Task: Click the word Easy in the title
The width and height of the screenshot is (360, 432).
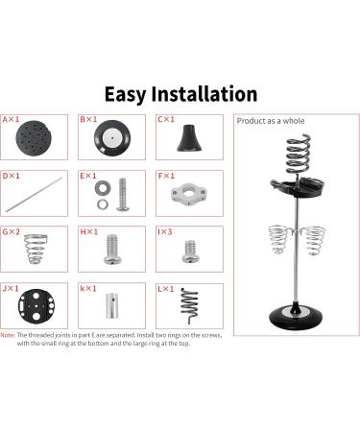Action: [x=125, y=95]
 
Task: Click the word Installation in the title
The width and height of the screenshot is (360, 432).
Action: [x=204, y=94]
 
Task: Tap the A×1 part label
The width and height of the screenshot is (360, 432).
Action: [x=11, y=120]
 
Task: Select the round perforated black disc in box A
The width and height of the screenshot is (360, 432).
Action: [x=34, y=137]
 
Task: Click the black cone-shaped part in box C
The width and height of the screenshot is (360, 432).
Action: [x=189, y=138]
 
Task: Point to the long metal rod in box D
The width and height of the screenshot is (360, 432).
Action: [x=34, y=194]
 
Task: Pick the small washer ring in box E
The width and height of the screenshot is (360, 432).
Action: [x=103, y=204]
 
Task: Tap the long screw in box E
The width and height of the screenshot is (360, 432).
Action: [x=123, y=194]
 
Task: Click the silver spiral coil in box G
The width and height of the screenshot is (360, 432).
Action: [x=36, y=249]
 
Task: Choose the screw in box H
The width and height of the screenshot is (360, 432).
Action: [x=112, y=250]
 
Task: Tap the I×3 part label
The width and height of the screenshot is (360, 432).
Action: [x=165, y=231]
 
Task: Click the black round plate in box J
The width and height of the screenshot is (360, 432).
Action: [x=36, y=306]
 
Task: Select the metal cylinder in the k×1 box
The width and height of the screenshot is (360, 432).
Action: [x=112, y=305]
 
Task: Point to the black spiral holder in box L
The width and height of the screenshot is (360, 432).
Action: [x=189, y=305]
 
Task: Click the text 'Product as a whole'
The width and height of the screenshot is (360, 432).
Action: [x=271, y=121]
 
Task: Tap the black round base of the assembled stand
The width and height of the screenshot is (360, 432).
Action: [x=295, y=317]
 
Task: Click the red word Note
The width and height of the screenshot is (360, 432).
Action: [x=8, y=335]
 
